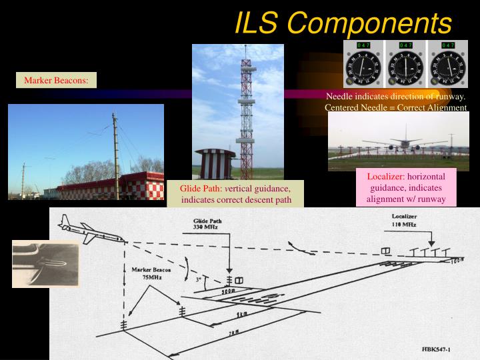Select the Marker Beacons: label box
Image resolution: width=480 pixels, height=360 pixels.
pos(57,81)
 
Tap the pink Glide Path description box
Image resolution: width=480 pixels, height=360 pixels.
pos(235,194)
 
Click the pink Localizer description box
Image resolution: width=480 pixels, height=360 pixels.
pos(407,187)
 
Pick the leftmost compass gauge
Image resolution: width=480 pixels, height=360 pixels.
pos(364,65)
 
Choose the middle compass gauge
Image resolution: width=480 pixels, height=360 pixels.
pos(406,65)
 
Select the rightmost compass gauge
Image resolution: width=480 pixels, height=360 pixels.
pos(448,65)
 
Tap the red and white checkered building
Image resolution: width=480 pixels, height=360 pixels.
pos(110,185)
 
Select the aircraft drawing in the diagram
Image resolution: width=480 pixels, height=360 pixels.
pos(90,229)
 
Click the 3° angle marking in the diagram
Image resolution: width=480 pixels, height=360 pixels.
pos(198,280)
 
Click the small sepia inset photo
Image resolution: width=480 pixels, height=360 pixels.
pos(45,263)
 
